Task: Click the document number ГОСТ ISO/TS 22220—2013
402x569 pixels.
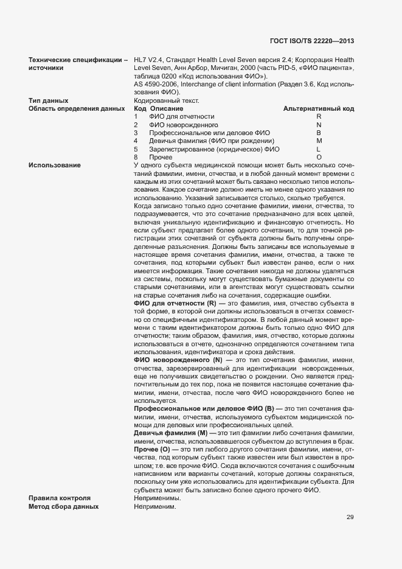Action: click(x=311, y=41)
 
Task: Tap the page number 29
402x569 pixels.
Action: click(x=350, y=517)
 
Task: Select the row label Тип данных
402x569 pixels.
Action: click(x=48, y=100)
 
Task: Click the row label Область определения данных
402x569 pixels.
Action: click(x=72, y=108)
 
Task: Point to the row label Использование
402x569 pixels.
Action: click(x=55, y=166)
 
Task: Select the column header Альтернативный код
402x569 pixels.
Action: click(x=319, y=108)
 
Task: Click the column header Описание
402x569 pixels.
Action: click(x=162, y=108)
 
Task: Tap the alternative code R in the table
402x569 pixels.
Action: click(x=319, y=116)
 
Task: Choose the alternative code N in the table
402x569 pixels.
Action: click(x=319, y=125)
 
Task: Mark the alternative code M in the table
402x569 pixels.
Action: click(x=319, y=141)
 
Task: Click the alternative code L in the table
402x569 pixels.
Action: click(x=319, y=149)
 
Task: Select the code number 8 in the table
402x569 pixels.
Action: click(x=136, y=158)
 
